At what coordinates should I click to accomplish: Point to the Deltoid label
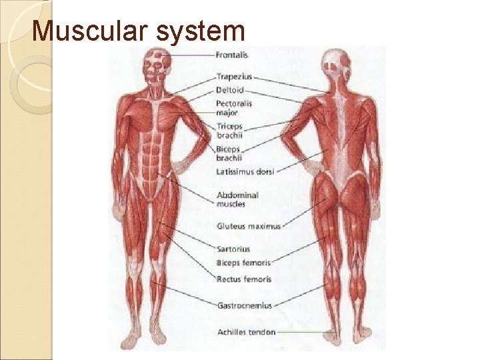pyautogui.click(x=230, y=90)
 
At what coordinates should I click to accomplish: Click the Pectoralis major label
pyautogui.click(x=234, y=108)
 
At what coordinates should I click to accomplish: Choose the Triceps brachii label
pyautogui.click(x=230, y=130)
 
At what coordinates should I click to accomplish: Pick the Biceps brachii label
pyautogui.click(x=229, y=153)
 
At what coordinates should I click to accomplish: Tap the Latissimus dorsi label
pyautogui.click(x=245, y=171)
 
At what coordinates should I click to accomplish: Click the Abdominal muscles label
pyautogui.click(x=237, y=199)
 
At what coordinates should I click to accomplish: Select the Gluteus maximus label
pyautogui.click(x=249, y=226)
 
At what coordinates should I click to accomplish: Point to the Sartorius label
pyautogui.click(x=233, y=249)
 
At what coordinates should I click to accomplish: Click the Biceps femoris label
pyautogui.click(x=243, y=263)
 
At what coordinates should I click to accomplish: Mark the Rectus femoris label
pyautogui.click(x=244, y=279)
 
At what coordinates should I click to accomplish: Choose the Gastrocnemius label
pyautogui.click(x=244, y=305)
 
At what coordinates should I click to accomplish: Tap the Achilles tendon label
pyautogui.click(x=246, y=332)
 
